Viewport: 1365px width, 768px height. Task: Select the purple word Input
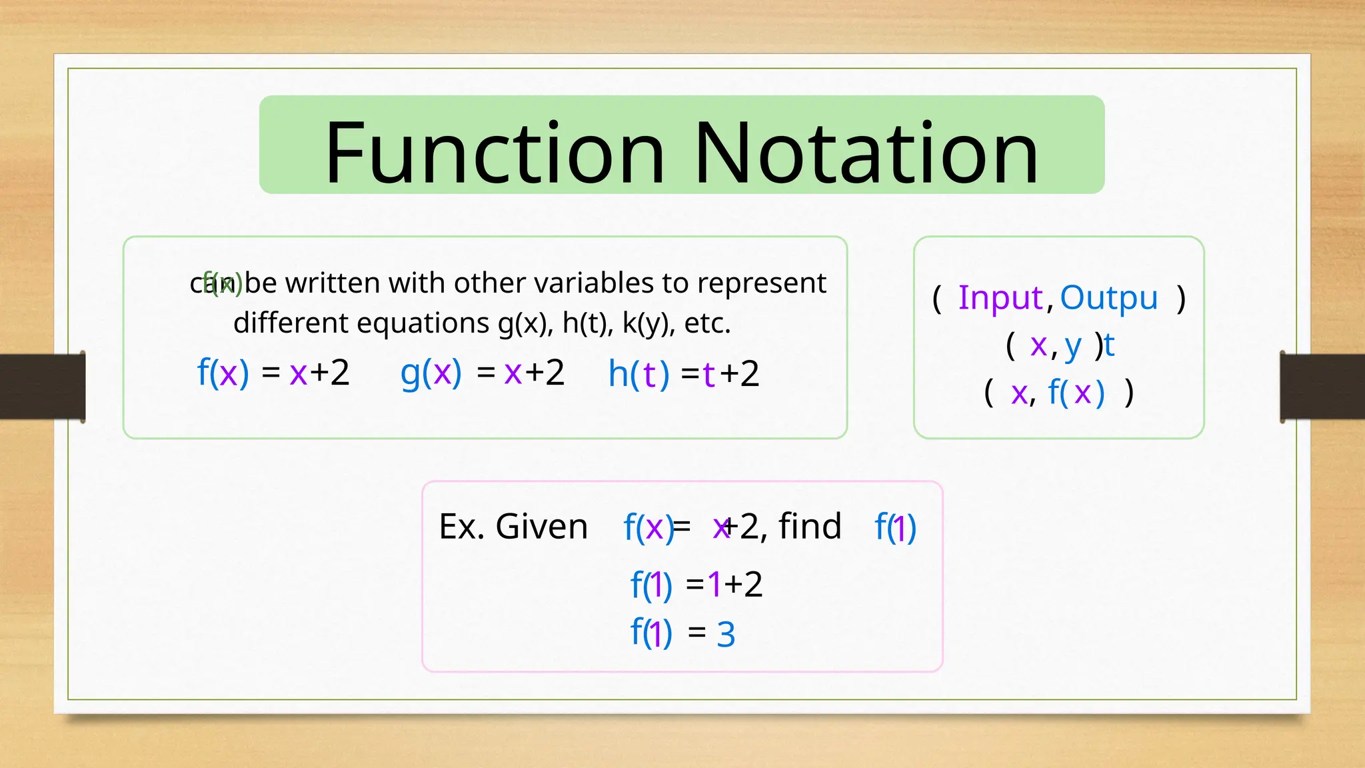[1000, 297]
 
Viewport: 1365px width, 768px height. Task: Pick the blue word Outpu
[1108, 297]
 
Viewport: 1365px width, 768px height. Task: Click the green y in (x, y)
[1072, 346]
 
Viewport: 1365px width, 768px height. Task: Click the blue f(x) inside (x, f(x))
[1076, 392]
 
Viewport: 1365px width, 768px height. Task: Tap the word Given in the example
[541, 527]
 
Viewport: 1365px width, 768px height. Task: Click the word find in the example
[810, 526]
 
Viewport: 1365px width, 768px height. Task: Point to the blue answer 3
[726, 634]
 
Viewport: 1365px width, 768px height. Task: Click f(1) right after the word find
[895, 527]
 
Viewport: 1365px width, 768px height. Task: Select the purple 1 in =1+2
[714, 585]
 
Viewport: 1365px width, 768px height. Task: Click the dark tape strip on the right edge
[1322, 387]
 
